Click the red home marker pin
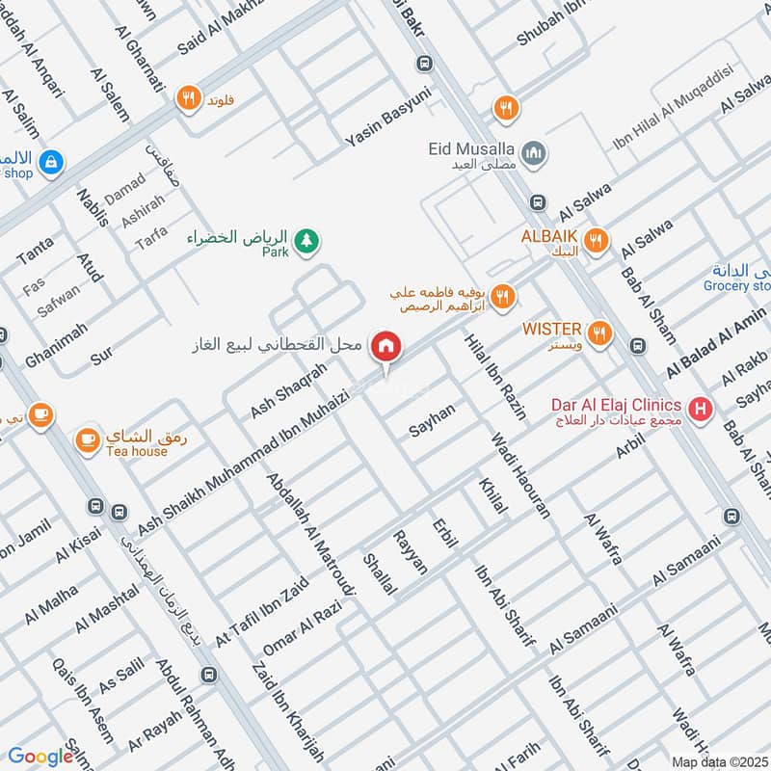click(x=386, y=346)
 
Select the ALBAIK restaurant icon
click(x=597, y=240)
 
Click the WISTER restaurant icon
click(x=600, y=333)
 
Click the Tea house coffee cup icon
click(x=87, y=439)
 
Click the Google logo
click(x=40, y=757)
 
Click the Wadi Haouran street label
click(x=520, y=476)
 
